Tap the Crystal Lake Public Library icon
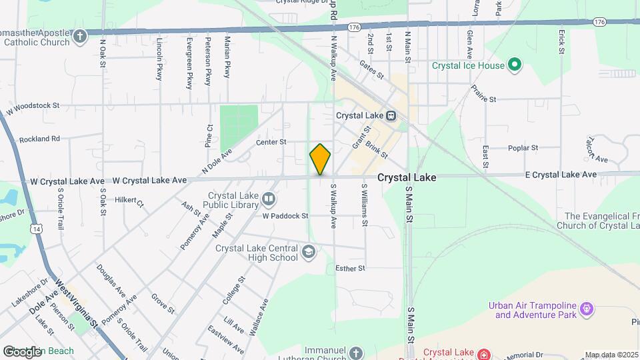(268, 198)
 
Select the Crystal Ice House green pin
(514, 65)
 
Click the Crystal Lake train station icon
(393, 115)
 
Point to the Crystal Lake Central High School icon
(308, 252)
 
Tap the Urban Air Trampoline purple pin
(587, 309)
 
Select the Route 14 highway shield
(37, 229)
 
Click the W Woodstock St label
(33, 106)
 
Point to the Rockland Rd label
(40, 139)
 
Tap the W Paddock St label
(285, 216)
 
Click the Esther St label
(351, 269)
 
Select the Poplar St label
(523, 148)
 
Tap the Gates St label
(371, 69)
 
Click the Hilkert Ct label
(129, 199)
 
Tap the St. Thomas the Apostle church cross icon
(80, 36)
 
